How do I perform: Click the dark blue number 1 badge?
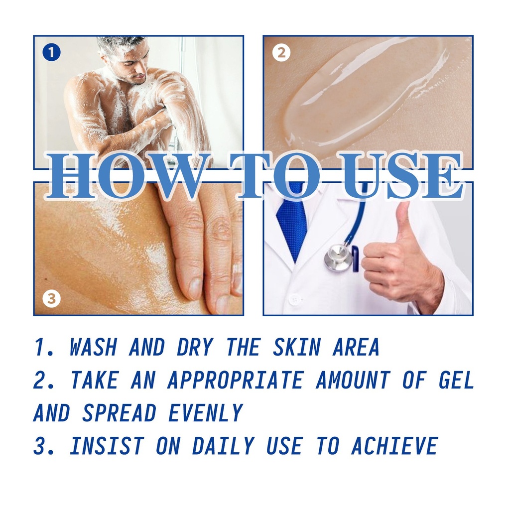point(51,52)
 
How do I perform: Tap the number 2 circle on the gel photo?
point(281,52)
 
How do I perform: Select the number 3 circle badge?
point(51,298)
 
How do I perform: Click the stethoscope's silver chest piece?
point(338,257)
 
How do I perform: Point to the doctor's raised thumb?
point(403,222)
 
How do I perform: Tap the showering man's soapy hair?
point(122,45)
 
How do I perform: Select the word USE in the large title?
point(402,175)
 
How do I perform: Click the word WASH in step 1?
point(93,347)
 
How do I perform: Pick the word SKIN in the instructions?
point(297,347)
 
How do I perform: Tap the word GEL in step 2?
point(456,380)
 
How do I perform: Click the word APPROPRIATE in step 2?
point(235,380)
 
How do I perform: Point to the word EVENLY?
point(206,413)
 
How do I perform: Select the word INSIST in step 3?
point(107,446)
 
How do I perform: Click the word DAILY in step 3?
point(223,446)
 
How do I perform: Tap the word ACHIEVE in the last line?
point(394,446)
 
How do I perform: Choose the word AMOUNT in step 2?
point(353,380)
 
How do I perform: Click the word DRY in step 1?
point(195,347)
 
